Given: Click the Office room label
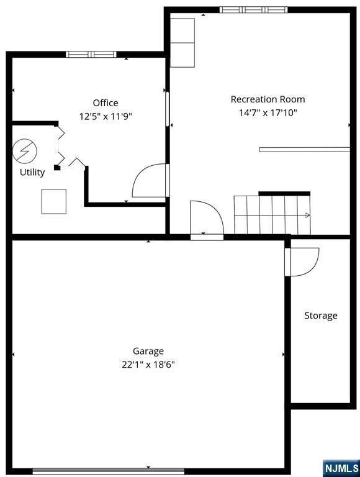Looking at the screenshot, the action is [x=106, y=103].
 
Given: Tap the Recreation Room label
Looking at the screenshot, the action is [x=268, y=99].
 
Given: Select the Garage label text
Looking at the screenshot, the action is [x=148, y=352].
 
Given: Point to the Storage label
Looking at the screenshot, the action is [x=321, y=316].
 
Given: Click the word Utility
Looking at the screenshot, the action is [x=32, y=172].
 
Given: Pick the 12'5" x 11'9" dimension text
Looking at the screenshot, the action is [x=106, y=116].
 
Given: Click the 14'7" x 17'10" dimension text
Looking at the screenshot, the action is [x=268, y=113].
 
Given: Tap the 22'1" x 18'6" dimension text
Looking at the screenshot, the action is [x=148, y=364].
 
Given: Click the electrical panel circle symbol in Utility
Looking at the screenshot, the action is [x=25, y=151].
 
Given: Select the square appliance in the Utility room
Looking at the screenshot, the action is [x=54, y=201].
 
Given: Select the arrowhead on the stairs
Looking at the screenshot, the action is [x=307, y=216].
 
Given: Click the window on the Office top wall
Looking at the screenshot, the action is [x=91, y=55].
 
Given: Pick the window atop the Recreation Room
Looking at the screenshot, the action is [x=254, y=10].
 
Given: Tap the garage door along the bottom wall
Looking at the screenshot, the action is [x=109, y=471].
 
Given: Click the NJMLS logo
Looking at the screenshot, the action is [x=342, y=469].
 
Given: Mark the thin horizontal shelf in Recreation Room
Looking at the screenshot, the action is [x=304, y=150].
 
